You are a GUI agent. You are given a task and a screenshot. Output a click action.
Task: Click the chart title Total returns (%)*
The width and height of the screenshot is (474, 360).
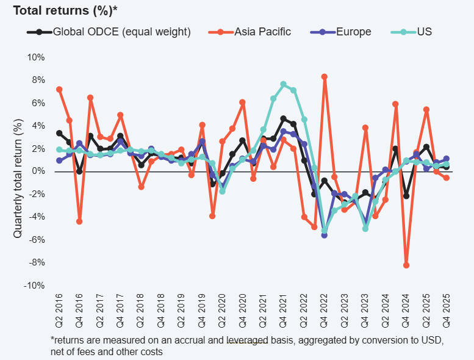65,10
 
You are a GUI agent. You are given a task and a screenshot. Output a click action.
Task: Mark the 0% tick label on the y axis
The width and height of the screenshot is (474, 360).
38,171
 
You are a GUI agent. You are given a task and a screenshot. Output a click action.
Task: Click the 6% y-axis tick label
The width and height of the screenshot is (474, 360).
38,103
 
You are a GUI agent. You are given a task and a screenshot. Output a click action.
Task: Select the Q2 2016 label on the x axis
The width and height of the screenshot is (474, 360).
59,306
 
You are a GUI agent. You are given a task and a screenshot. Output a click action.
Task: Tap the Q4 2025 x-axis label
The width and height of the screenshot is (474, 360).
447,306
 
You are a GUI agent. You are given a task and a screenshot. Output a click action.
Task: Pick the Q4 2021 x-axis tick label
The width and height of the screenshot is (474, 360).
284,306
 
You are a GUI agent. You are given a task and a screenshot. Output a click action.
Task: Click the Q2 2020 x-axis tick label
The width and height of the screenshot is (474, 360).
222,306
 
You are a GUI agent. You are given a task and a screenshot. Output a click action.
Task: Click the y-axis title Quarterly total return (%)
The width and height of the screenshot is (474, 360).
18,171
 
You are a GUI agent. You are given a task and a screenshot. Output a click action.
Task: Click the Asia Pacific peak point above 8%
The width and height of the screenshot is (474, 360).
325,77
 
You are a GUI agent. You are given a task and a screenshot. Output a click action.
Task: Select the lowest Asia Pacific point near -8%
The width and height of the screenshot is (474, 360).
406,265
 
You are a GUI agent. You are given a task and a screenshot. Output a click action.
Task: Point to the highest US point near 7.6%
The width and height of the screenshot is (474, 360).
284,84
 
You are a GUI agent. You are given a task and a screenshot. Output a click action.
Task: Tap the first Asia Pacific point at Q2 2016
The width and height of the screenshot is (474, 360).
59,89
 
